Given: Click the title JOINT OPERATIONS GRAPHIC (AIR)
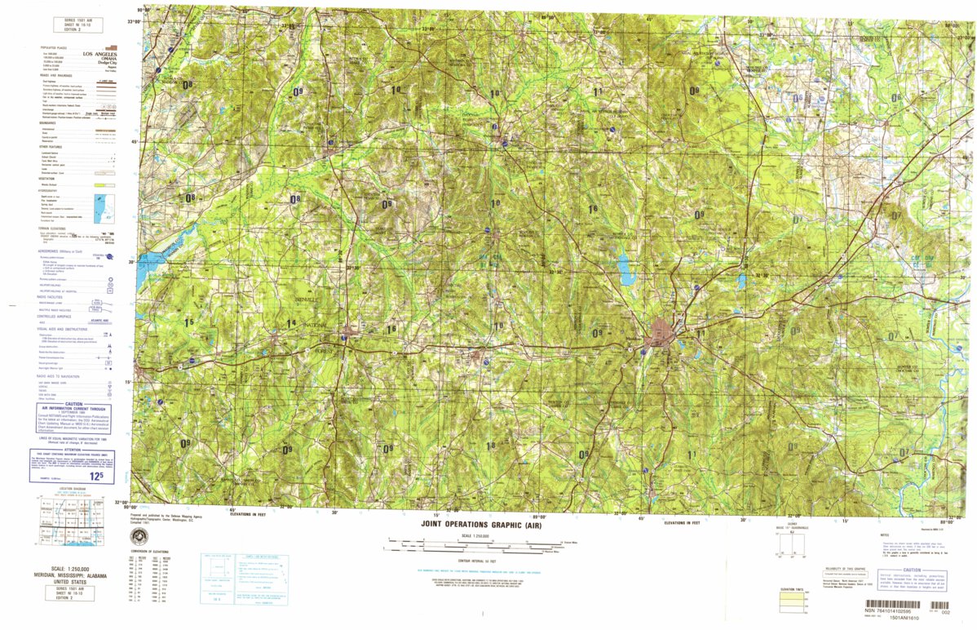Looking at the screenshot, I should point(480,526).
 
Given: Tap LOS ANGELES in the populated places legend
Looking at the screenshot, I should point(99,54).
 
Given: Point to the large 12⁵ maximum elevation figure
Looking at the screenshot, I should point(96,476).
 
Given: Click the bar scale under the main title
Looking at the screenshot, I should point(478,544).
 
